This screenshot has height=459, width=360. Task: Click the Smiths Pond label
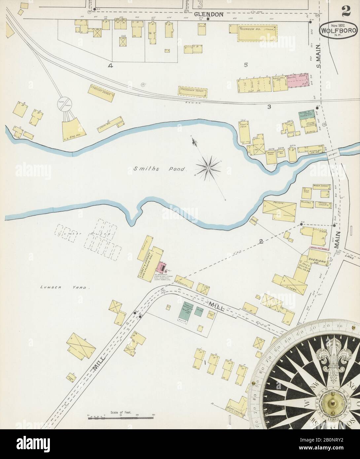tap(160, 169)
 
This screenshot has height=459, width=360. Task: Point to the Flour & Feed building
tap(245, 132)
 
